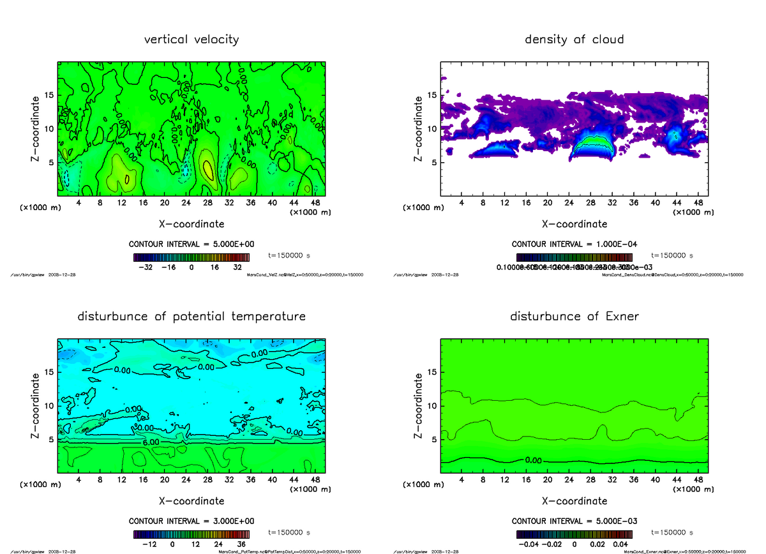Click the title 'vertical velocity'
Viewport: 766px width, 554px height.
[191, 40]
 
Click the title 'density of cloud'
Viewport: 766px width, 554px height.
[574, 40]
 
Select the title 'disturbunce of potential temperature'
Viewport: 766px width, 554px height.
[191, 317]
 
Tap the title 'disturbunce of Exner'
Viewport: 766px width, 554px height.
[574, 317]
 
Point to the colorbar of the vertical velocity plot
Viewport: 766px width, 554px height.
[191, 257]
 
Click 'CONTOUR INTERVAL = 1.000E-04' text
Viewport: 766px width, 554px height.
[574, 244]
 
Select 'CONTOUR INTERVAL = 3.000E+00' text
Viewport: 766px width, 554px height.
[191, 520]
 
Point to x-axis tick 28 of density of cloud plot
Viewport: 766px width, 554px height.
[590, 203]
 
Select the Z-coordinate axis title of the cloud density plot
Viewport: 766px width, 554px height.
[419, 129]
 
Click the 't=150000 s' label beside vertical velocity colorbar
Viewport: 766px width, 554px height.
[289, 255]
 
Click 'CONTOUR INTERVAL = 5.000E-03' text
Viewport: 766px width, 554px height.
[574, 520]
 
